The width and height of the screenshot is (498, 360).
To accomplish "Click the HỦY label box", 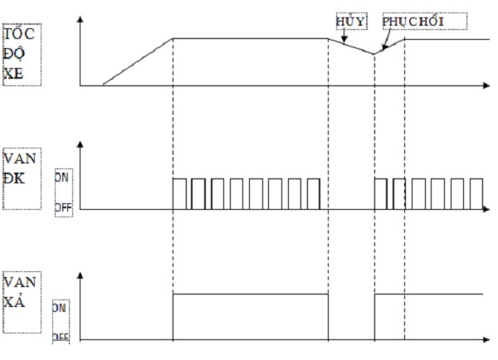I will pos(349,22).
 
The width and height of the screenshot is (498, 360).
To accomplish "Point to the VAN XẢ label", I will pos(21,293).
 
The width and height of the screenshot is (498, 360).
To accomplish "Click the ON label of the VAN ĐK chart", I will pos(62,177).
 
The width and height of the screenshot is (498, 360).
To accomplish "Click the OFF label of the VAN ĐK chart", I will pos(64,207).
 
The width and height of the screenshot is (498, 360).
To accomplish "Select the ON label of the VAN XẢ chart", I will pos(59,306).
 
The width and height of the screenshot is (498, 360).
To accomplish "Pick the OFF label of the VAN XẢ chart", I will pos(61,337).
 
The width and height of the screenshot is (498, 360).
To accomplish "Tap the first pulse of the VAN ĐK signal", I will pos(179,193).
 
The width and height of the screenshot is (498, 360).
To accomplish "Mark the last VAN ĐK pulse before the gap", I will pos(312,193).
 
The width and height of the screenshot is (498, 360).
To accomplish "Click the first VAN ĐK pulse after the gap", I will pos(380,193).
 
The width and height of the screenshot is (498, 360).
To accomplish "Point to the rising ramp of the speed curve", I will pos(137,61).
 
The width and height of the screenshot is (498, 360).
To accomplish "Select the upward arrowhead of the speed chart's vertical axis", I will pos(80,17).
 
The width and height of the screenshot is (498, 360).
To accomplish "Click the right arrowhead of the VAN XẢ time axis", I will pos(486,340).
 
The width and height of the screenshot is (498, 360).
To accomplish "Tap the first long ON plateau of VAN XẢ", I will pos(249,294).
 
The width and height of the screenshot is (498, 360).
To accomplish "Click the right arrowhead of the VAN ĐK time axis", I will pos(486,210).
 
